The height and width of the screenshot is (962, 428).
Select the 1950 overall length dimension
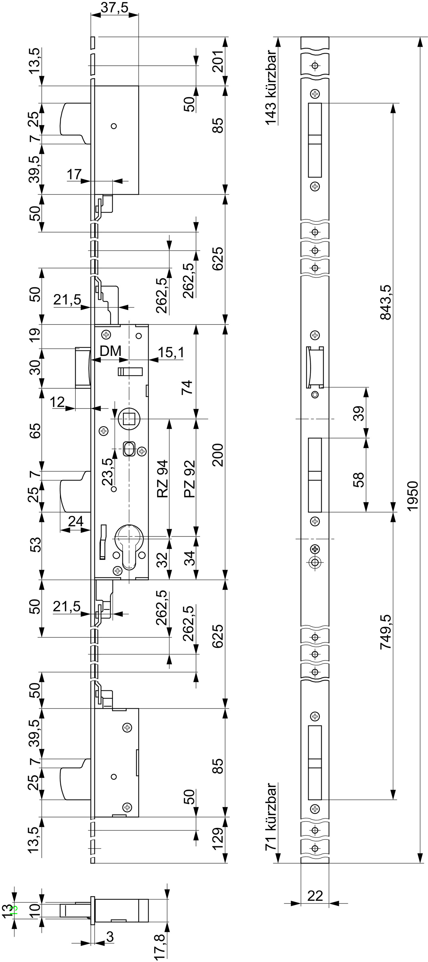pyautogui.click(x=412, y=496)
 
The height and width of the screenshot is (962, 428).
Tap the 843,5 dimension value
pyautogui.click(x=385, y=302)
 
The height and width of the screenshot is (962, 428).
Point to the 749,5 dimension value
pyautogui.click(x=385, y=632)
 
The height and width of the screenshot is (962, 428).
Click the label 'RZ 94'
pyautogui.click(x=162, y=479)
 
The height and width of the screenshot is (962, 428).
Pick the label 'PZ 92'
pyautogui.click(x=190, y=479)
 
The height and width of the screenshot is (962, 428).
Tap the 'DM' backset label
pyautogui.click(x=111, y=351)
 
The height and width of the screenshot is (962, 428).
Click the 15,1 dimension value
pyautogui.click(x=171, y=352)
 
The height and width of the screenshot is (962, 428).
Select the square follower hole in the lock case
pyautogui.click(x=129, y=419)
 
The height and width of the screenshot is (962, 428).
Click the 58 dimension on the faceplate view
pyautogui.click(x=358, y=479)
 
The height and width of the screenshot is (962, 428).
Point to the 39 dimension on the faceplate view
pyautogui.click(x=358, y=413)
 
